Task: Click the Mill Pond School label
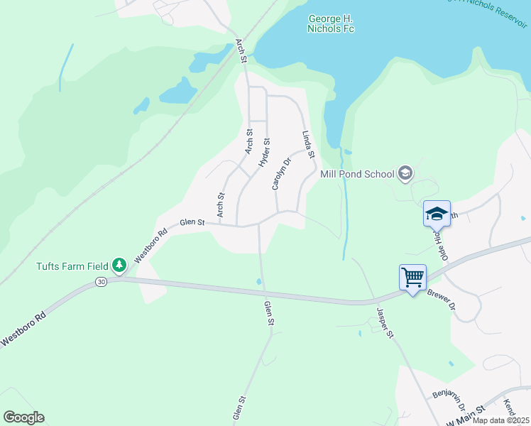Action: (358, 174)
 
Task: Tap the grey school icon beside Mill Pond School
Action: (405, 173)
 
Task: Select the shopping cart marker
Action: (412, 277)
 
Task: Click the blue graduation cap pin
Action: (437, 212)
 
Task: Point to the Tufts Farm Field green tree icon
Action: (120, 266)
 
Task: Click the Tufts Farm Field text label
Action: (72, 266)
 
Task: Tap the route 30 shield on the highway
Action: (101, 282)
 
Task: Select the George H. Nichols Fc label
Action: (332, 23)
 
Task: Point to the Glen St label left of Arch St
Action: (192, 222)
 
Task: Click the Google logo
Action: (23, 417)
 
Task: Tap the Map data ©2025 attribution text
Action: (500, 420)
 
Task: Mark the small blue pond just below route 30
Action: (258, 282)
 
